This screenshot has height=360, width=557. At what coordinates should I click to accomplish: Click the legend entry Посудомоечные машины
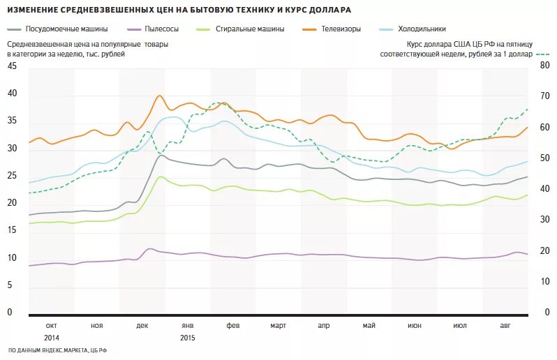tap(66, 29)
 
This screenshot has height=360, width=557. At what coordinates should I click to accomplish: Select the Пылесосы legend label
tap(162, 29)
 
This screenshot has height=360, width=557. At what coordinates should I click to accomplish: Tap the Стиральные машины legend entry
tap(250, 29)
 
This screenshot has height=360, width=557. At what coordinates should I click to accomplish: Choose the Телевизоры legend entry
tap(341, 29)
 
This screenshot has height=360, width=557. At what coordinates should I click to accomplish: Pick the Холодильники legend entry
tap(422, 29)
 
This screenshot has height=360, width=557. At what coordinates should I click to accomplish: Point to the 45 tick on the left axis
tap(11, 66)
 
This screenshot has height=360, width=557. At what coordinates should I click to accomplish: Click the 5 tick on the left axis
tap(10, 285)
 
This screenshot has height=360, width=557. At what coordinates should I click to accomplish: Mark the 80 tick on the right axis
tap(544, 66)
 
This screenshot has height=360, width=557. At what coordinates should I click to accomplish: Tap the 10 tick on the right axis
tap(544, 282)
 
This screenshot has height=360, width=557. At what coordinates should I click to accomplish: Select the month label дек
tap(142, 326)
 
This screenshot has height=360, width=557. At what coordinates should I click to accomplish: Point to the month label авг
tap(505, 326)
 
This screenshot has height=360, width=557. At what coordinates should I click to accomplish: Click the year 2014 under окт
tap(51, 338)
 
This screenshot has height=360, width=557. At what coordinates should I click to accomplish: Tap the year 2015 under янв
tap(187, 338)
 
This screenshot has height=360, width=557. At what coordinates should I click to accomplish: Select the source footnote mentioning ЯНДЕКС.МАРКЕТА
tap(58, 350)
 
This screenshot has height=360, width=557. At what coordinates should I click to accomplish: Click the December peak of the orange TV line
tap(160, 96)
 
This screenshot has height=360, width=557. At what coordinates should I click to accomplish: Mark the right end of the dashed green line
tap(527, 109)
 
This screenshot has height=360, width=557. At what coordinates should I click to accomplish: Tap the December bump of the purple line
tap(149, 248)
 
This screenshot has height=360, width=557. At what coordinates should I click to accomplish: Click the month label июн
tap(415, 326)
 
